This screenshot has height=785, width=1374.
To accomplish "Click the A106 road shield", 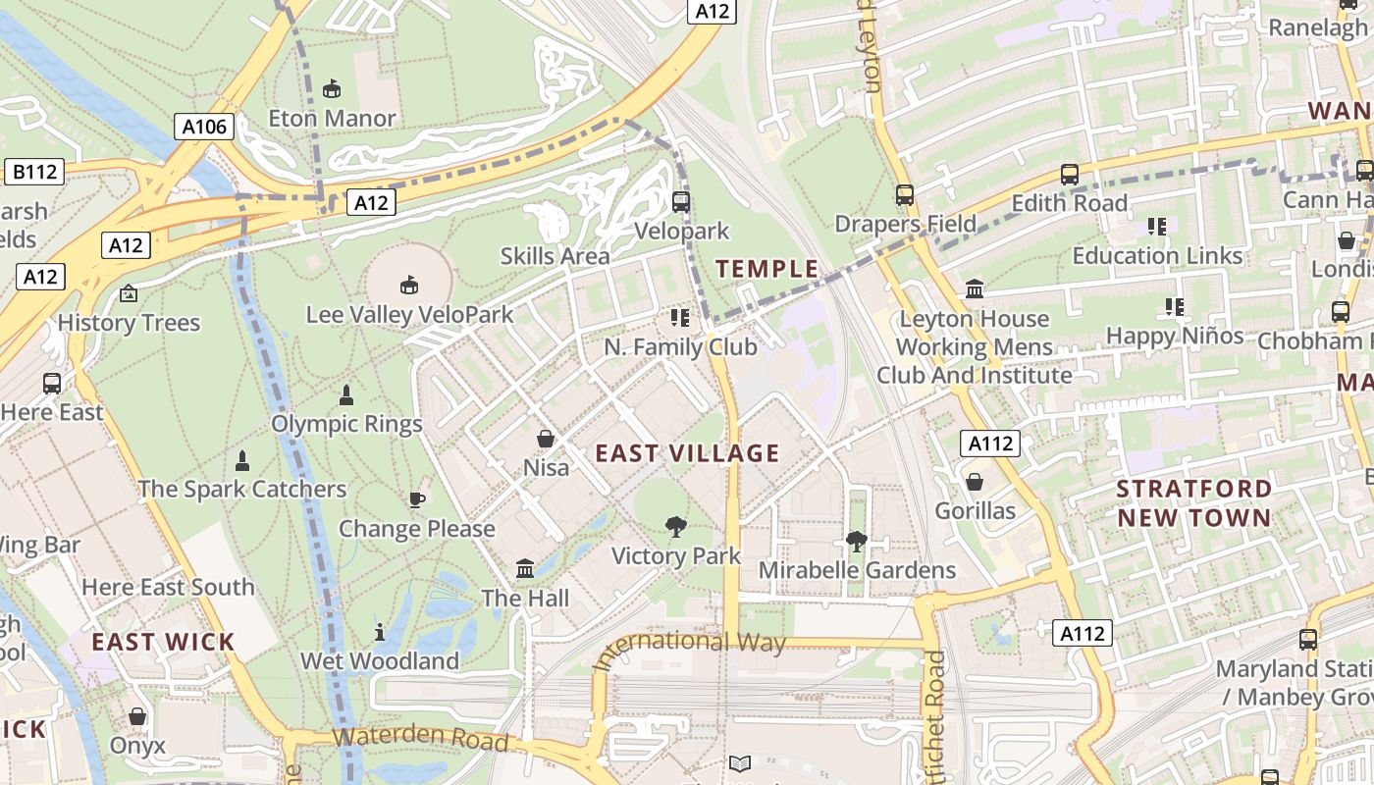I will pos(205,126).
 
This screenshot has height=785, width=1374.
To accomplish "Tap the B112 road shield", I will pos(34,173).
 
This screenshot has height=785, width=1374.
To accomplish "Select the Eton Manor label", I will pos(332,119).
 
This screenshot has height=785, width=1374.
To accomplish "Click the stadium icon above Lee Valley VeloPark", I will pos(408,286).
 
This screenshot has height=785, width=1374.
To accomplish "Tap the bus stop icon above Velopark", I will pos(681,202).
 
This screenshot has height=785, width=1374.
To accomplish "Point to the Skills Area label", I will pos(555,256).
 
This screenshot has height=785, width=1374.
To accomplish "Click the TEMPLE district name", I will pos(766,269).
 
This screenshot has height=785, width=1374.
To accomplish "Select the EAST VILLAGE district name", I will pos(687,453).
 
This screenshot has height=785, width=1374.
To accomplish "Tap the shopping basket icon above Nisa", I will pos(546,439).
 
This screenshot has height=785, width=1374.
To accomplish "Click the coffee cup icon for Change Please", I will pos(417,499).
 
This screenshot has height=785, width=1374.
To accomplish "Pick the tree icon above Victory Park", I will pos(675,527).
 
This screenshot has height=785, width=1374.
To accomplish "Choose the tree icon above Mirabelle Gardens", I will pos(856,541).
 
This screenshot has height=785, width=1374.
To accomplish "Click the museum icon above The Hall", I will pos(525,568).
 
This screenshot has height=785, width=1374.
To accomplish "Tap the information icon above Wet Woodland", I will pos(380,632).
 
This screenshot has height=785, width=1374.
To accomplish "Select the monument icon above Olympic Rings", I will pos(345,395).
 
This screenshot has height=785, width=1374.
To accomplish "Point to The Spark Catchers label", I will pos(241,489).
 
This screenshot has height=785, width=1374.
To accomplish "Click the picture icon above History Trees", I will pos(128,293).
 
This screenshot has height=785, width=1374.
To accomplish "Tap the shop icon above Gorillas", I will pos(975,482).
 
